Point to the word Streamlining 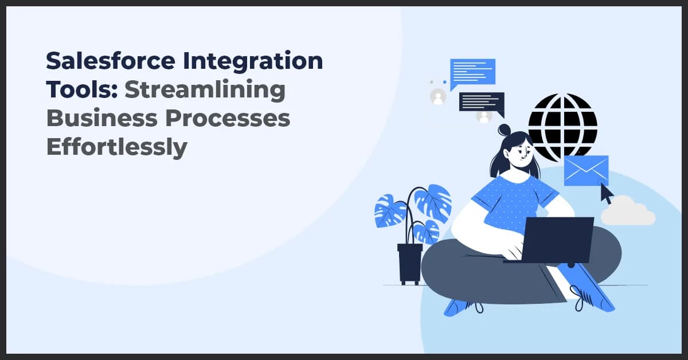tap(205, 90)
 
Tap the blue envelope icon tap(585, 170)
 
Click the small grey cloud tap(628, 212)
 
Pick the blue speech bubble tap(472, 73)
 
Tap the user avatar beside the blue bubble tap(438, 97)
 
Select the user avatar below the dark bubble tap(484, 116)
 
